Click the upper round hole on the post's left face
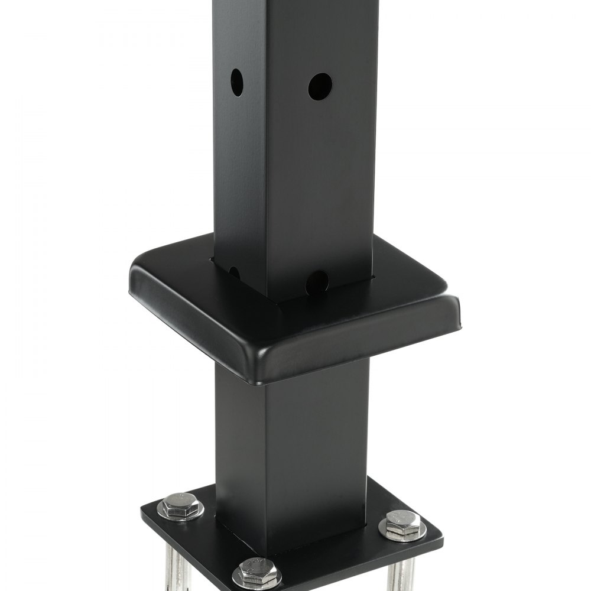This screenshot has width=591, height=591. click(236, 82)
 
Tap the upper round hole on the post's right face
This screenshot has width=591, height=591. click(320, 86)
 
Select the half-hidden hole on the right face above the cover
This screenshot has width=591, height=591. click(317, 282)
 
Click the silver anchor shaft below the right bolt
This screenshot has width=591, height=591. click(402, 576)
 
